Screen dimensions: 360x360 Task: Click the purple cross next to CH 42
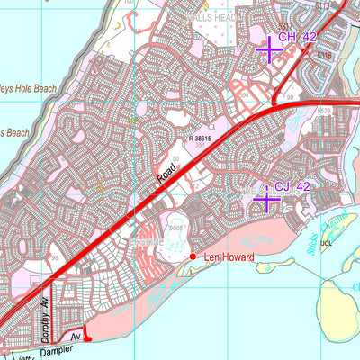tap(269, 49)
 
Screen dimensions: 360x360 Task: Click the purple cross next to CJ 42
tap(266, 199)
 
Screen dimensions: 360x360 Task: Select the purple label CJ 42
tap(293, 187)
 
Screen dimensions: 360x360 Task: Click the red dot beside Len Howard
tap(193, 257)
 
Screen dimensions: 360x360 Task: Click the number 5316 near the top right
tap(325, 55)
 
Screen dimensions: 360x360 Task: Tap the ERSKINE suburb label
tap(145, 241)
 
